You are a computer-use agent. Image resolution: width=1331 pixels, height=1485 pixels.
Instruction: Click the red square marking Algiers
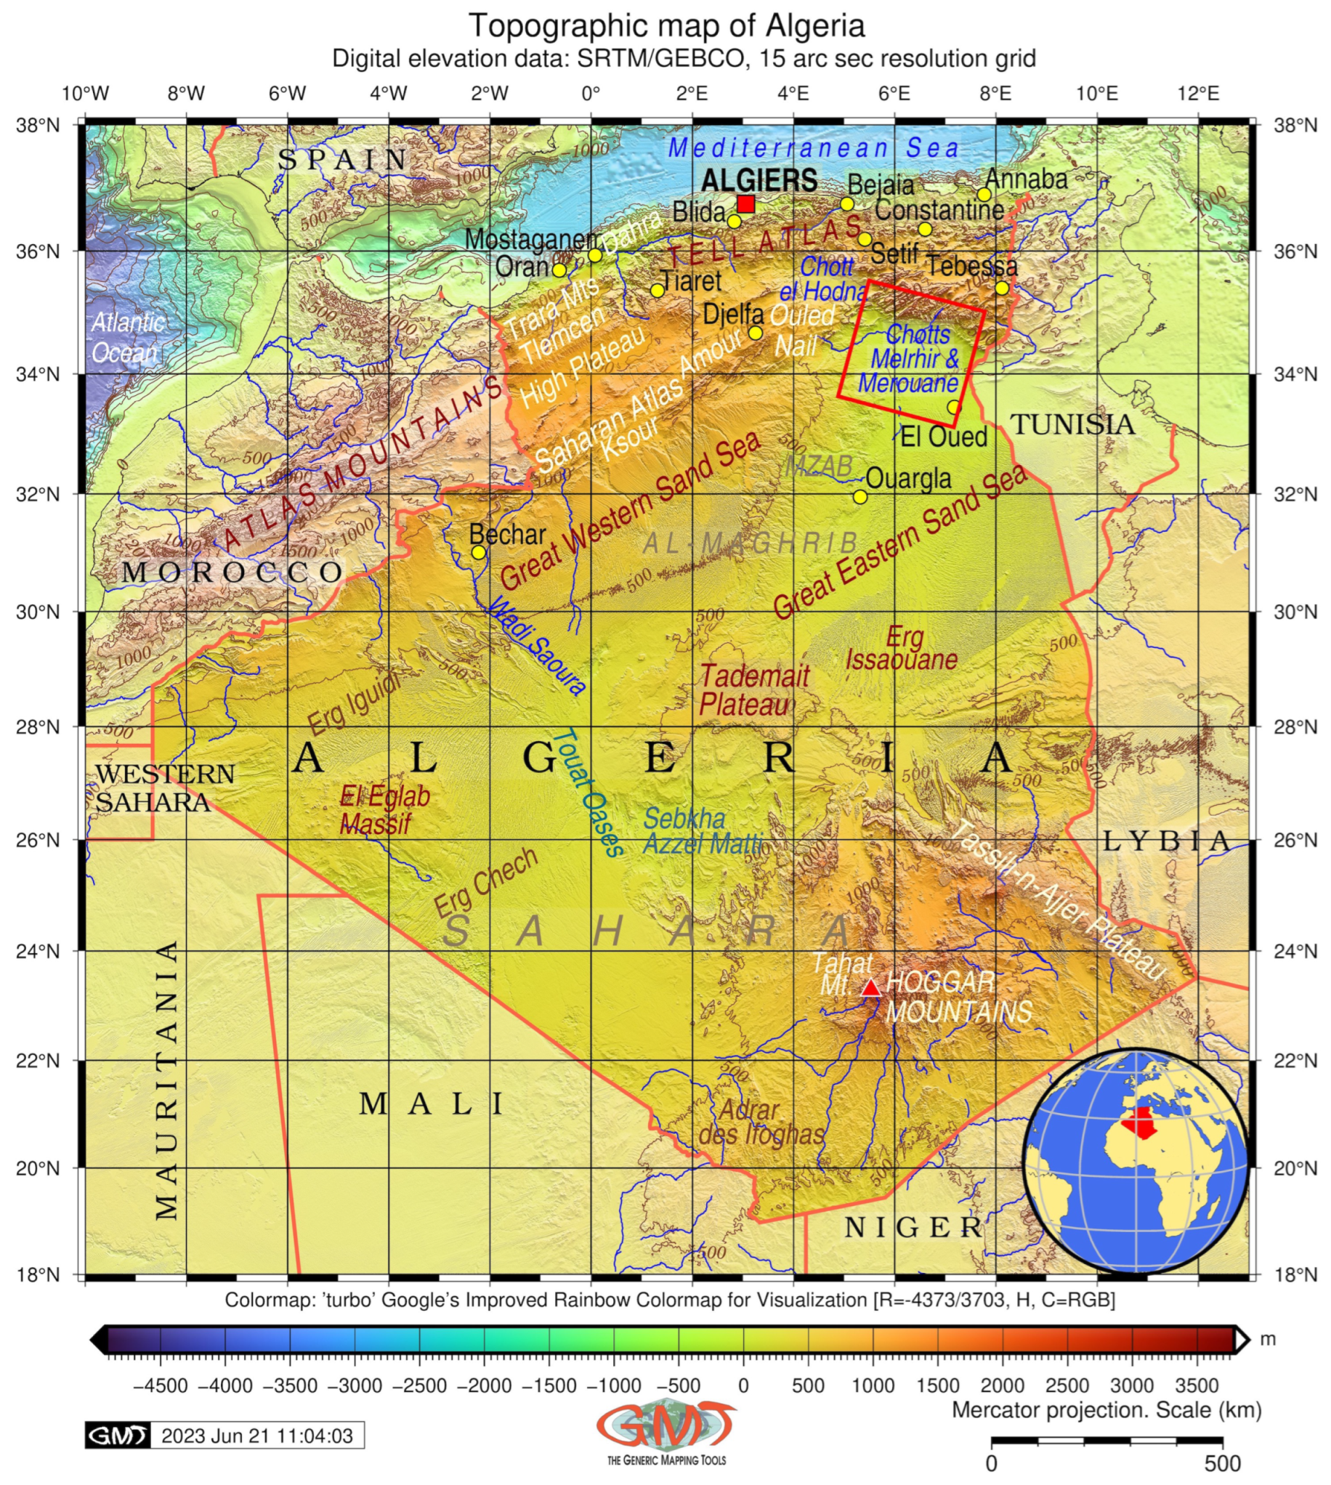click(745, 204)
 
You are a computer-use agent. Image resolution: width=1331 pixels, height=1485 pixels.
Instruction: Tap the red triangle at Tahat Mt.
click(870, 989)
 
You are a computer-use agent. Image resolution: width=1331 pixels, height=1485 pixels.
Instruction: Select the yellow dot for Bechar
click(478, 552)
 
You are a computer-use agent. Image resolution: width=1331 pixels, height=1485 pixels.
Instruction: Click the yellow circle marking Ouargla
click(860, 497)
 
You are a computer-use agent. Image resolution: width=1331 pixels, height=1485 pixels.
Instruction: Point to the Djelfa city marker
click(756, 333)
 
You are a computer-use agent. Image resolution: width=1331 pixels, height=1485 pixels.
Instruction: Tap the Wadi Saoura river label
click(537, 645)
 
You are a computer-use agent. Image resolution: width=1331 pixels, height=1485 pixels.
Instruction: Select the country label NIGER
click(913, 1228)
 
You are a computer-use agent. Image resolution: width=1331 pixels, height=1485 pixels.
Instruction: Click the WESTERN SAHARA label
click(164, 788)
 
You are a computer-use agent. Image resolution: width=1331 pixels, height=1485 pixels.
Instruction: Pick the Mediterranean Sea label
click(813, 148)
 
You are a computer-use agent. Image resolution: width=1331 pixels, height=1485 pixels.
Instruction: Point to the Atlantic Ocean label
click(126, 338)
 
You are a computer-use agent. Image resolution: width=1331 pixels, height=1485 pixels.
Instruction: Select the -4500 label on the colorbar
click(160, 1385)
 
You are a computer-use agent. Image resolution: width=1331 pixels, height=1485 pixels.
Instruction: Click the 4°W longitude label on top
click(389, 94)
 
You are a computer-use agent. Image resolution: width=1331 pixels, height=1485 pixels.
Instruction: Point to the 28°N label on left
click(37, 727)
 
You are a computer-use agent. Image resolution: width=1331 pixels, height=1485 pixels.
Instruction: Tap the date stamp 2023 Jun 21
click(256, 1436)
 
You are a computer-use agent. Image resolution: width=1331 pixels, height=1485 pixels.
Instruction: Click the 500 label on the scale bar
click(1222, 1464)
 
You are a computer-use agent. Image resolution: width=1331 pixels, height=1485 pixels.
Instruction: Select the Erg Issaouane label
click(902, 649)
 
